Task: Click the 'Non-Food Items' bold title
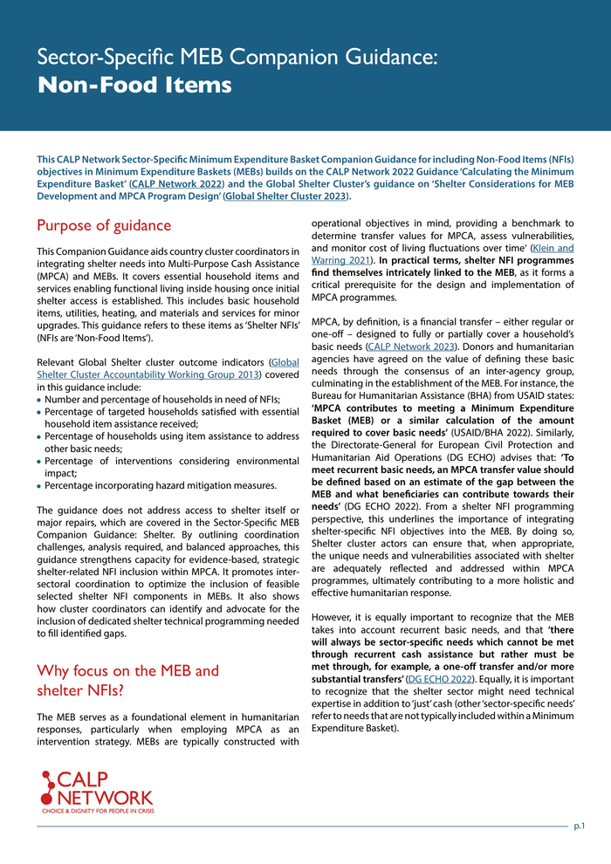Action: tap(134, 85)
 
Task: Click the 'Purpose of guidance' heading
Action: tap(104, 225)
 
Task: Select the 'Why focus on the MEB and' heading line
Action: tap(127, 670)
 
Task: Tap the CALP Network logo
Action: tap(97, 791)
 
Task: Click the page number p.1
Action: tap(579, 825)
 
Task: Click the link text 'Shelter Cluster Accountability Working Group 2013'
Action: tap(148, 375)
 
